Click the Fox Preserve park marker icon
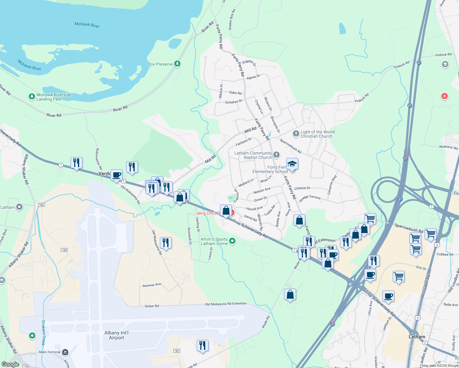tap(177, 64)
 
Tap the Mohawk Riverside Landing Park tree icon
tap(32, 97)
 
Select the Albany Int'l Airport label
tap(116, 335)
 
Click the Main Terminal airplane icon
tap(65, 352)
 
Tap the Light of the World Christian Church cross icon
tap(296, 133)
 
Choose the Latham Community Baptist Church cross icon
tap(276, 155)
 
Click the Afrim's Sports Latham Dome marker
tap(232, 241)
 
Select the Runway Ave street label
tap(152, 285)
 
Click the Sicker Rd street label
tap(152, 306)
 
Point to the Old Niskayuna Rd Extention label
tap(226, 304)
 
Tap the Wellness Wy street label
tap(448, 147)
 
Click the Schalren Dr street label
tap(233, 102)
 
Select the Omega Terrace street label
tap(310, 198)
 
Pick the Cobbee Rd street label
tap(445, 254)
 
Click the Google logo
tap(10, 364)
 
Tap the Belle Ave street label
tap(450, 305)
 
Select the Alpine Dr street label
tap(253, 77)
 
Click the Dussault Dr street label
tap(190, 236)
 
